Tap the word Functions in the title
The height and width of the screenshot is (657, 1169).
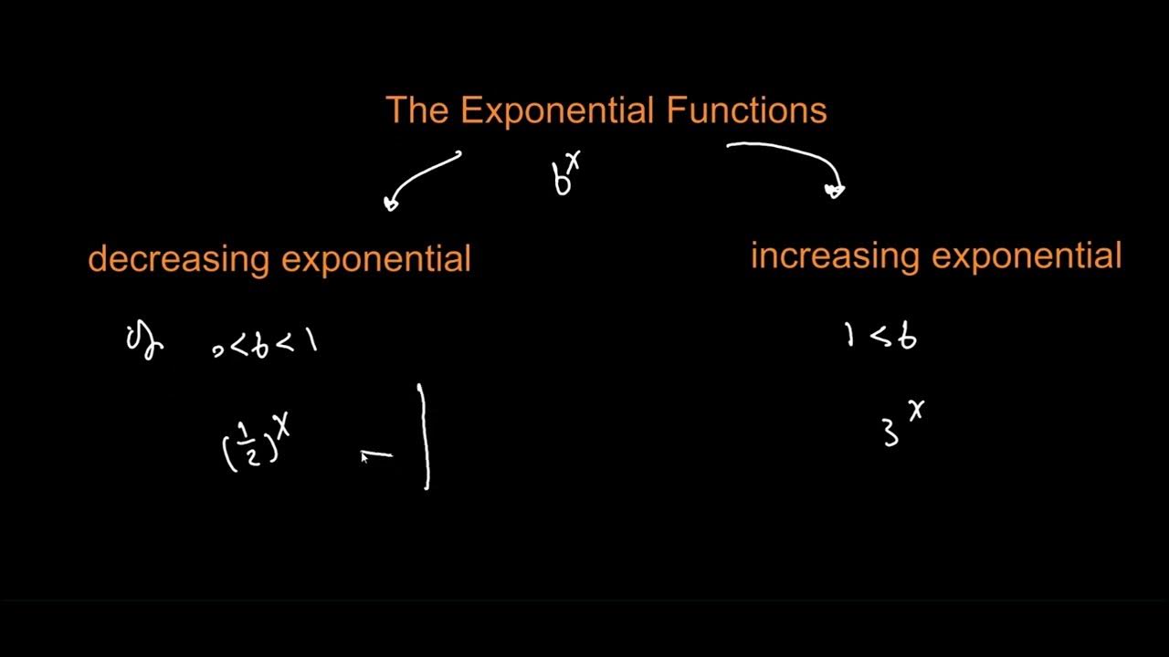coord(746,110)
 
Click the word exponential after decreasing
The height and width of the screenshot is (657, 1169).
coord(375,260)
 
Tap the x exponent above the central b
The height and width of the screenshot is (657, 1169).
coord(574,161)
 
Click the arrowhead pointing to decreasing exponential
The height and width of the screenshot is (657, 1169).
coord(392,203)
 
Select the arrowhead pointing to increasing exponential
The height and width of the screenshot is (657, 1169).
coord(835,190)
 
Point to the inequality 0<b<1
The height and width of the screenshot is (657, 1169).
coord(265,344)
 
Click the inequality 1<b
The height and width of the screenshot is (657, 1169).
coord(880,338)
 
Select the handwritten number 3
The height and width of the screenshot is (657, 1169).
coord(890,433)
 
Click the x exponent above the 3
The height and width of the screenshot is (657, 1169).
coord(916,411)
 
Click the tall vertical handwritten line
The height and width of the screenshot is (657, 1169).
coord(424,436)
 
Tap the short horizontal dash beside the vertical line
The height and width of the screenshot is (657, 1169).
coord(376,454)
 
